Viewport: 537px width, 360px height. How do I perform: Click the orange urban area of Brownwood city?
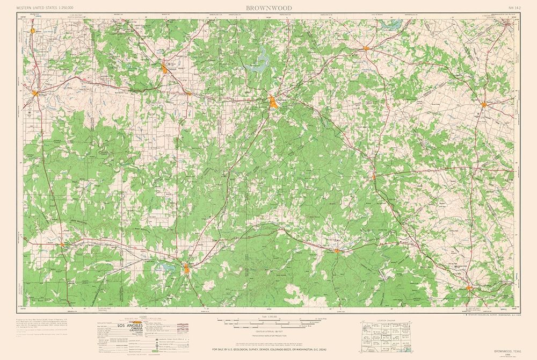point(273,102)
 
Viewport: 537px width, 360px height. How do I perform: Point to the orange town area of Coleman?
point(165,68)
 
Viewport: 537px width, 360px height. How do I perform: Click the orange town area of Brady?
point(186,268)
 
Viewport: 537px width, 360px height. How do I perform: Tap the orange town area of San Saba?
point(336,250)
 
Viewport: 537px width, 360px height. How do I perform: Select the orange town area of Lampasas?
point(470,289)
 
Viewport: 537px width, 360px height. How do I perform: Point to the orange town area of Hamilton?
point(484,104)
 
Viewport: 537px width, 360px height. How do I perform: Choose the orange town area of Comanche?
point(366,49)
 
